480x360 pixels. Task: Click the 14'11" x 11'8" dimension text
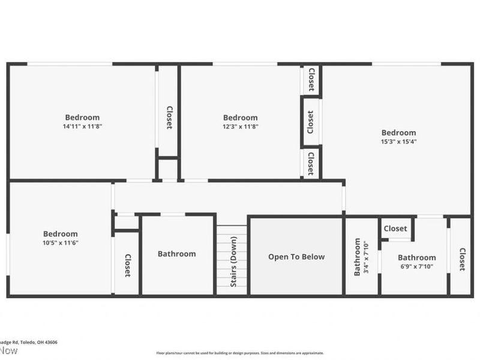pos(82,127)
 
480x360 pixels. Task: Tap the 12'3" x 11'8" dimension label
pos(240,127)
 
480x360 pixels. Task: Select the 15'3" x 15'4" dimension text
pos(398,142)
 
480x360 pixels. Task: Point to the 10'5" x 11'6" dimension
pos(60,243)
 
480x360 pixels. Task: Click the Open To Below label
pos(296,257)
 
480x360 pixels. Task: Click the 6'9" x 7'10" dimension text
pos(416,267)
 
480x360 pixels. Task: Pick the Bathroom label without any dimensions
pos(176,254)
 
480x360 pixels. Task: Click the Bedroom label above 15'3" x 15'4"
pos(398,133)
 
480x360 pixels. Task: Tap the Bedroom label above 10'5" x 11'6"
pos(60,234)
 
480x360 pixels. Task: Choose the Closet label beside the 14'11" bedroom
pos(169,118)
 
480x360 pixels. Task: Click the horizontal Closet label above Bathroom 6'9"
pos(395,229)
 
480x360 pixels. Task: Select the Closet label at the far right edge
pos(462,259)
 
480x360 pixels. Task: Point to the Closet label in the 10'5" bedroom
pos(127,265)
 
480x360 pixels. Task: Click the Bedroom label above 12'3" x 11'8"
pos(240,118)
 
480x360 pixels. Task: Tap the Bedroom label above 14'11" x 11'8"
pos(82,118)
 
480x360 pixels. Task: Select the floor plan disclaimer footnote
pos(240,353)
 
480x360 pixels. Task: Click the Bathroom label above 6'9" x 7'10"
pos(417,257)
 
